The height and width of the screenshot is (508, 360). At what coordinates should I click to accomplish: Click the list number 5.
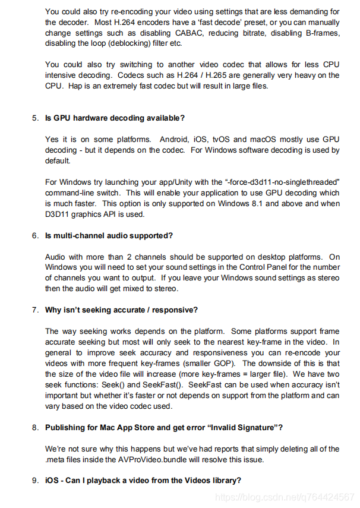point(35,118)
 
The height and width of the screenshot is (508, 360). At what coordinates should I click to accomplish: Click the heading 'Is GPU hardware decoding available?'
point(115,118)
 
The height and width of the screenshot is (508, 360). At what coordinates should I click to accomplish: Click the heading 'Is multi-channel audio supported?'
point(109,235)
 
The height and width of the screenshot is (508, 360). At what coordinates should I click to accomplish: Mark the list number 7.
point(35,310)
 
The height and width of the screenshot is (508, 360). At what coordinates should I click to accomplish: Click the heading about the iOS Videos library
point(143,480)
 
